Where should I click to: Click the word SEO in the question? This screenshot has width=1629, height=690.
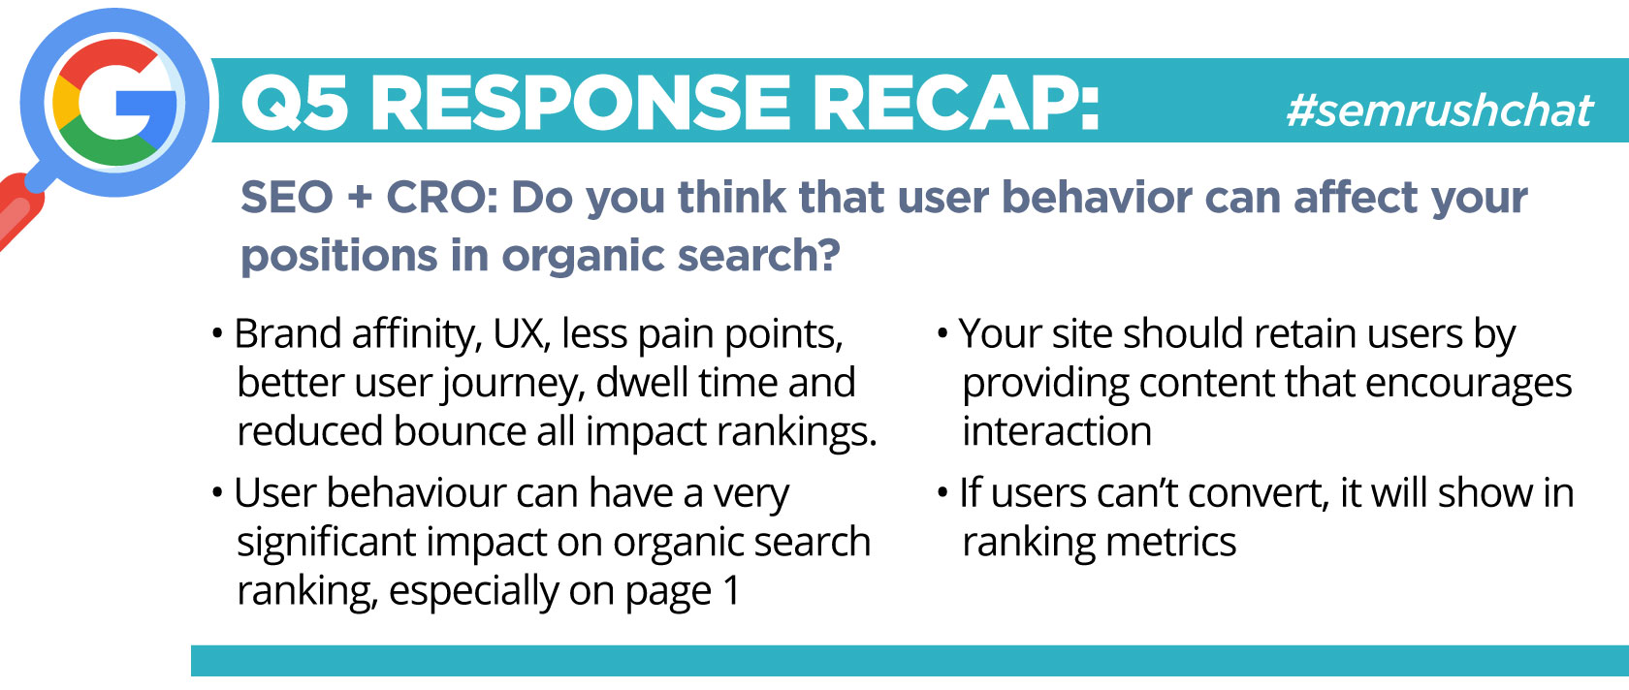click(x=287, y=197)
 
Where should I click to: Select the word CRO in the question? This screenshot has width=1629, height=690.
click(x=433, y=197)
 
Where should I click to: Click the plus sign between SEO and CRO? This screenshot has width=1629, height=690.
click(x=360, y=199)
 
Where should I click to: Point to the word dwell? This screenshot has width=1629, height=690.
click(x=641, y=383)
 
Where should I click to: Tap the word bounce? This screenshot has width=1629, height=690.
click(x=460, y=431)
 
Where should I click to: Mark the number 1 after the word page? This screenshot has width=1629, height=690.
click(x=731, y=589)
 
